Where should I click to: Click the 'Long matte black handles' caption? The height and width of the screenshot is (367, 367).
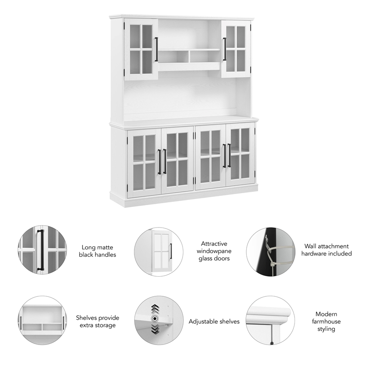tap(97, 251)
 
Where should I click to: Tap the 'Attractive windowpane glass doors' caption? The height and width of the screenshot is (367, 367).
tap(214, 251)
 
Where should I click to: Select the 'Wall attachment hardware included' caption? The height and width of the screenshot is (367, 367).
tap(327, 250)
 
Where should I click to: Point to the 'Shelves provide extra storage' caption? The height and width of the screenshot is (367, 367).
tap(98, 322)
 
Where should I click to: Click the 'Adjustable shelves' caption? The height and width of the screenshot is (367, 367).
tap(214, 322)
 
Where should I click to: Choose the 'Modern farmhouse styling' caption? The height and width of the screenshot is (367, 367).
tap(326, 322)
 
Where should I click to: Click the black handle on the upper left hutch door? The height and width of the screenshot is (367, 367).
tap(156, 50)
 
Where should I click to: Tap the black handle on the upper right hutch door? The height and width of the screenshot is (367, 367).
tap(224, 49)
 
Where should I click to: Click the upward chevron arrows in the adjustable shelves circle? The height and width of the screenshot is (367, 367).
tap(155, 309)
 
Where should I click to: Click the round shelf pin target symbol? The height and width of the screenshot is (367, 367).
tap(155, 318)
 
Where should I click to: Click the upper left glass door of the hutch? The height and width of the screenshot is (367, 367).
tap(141, 50)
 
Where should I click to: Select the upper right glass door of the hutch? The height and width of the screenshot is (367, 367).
tap(236, 49)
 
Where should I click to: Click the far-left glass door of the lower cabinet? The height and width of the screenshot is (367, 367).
tap(144, 163)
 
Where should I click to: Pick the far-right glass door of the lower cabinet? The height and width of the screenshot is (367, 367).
tap(240, 154)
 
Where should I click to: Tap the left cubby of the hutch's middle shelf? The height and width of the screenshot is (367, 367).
tap(173, 57)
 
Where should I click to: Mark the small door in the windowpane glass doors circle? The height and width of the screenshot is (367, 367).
tap(162, 251)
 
